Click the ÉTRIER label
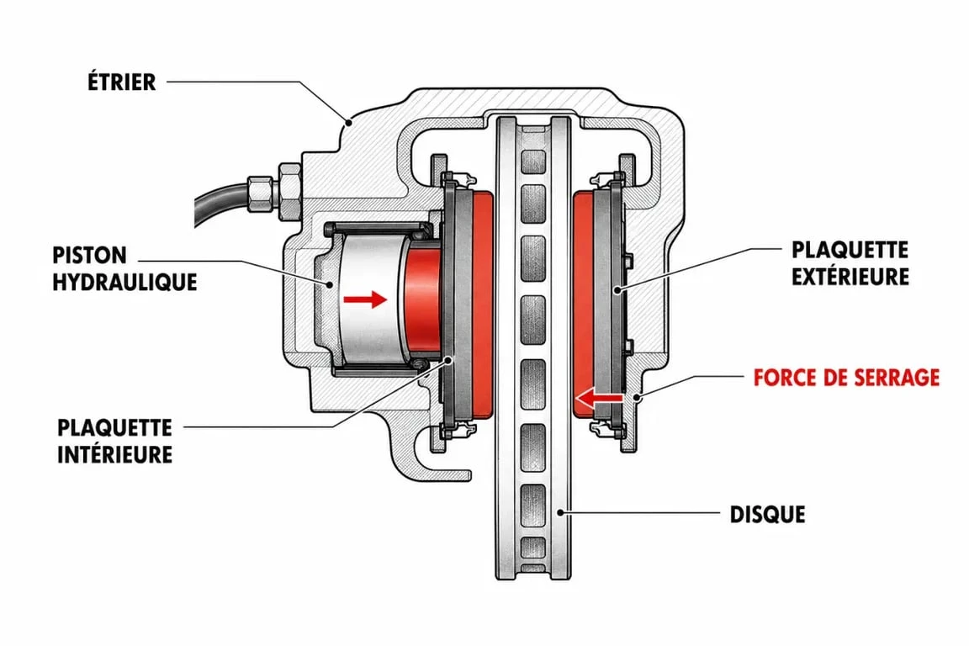[121, 81]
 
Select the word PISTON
[90, 256]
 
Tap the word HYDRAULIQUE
[124, 283]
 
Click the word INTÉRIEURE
[115, 454]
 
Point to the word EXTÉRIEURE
[850, 277]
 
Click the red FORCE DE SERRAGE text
[847, 377]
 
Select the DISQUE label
[767, 514]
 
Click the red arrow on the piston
[364, 299]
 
